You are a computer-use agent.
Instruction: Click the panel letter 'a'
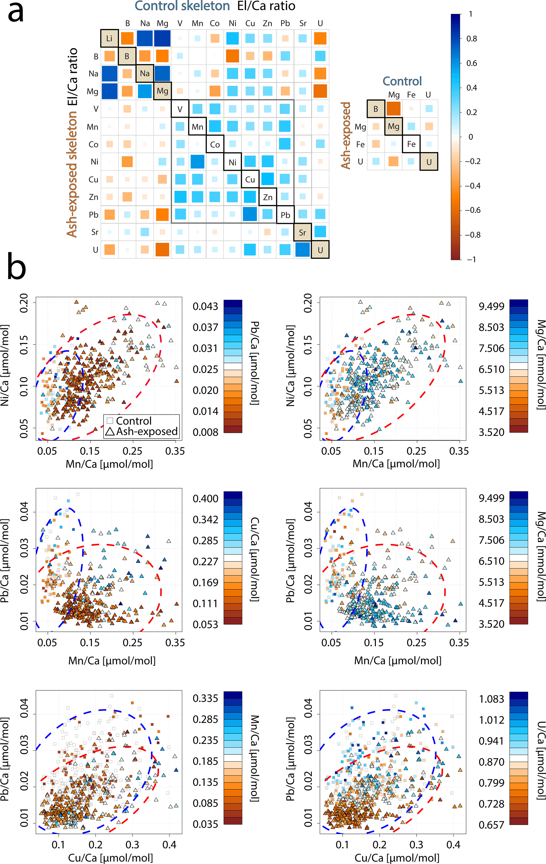[x=16, y=14]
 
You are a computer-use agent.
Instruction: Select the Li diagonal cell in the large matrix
[x=109, y=38]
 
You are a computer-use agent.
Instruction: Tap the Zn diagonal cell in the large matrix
[x=268, y=197]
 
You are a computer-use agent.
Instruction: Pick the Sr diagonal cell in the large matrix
[x=302, y=232]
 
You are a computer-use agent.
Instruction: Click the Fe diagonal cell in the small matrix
[x=411, y=144]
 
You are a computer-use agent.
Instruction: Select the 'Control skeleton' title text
[x=182, y=6]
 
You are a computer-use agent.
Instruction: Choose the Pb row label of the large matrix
[x=94, y=215]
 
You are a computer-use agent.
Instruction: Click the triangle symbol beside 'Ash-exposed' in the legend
[x=110, y=431]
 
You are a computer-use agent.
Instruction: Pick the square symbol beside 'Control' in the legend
[x=110, y=420]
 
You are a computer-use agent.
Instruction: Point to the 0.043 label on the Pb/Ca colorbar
[x=205, y=306]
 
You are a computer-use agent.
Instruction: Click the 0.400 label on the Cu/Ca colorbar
[x=205, y=499]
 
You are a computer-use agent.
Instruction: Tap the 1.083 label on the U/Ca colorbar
[x=491, y=699]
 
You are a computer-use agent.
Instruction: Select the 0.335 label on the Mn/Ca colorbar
[x=205, y=698]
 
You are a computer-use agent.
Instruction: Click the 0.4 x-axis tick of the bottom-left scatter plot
[x=169, y=845]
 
